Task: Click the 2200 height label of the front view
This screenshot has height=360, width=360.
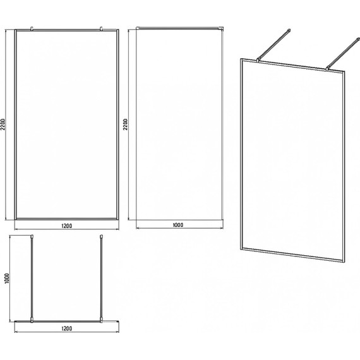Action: click(x=3, y=124)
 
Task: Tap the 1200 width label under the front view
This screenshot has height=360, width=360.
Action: click(x=66, y=226)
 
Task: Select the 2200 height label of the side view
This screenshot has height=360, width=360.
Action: click(x=125, y=124)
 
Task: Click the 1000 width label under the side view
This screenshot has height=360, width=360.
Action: click(x=178, y=225)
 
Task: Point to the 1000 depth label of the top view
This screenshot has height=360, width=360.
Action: click(x=7, y=279)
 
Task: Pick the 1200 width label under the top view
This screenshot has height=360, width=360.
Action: click(x=66, y=328)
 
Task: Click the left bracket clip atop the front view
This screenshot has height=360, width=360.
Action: click(x=32, y=28)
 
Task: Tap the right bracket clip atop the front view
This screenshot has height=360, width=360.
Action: click(x=101, y=28)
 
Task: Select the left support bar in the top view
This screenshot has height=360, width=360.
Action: click(x=32, y=279)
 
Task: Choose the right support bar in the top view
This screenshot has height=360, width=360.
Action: click(x=101, y=279)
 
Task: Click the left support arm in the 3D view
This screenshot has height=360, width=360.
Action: click(x=274, y=45)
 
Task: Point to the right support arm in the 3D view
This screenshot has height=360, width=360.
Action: click(x=342, y=53)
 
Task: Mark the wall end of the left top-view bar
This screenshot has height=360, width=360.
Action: click(x=32, y=236)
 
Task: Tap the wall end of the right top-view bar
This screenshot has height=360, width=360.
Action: click(x=101, y=236)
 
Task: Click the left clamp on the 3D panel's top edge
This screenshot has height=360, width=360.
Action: click(x=259, y=60)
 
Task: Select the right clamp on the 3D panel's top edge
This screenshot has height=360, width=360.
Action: click(x=327, y=68)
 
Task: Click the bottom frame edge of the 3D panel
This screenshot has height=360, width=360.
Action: click(x=292, y=256)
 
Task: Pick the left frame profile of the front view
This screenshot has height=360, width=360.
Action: click(x=15, y=124)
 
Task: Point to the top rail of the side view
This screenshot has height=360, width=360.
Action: click(x=179, y=28)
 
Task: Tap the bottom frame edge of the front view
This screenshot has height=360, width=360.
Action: click(x=66, y=219)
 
